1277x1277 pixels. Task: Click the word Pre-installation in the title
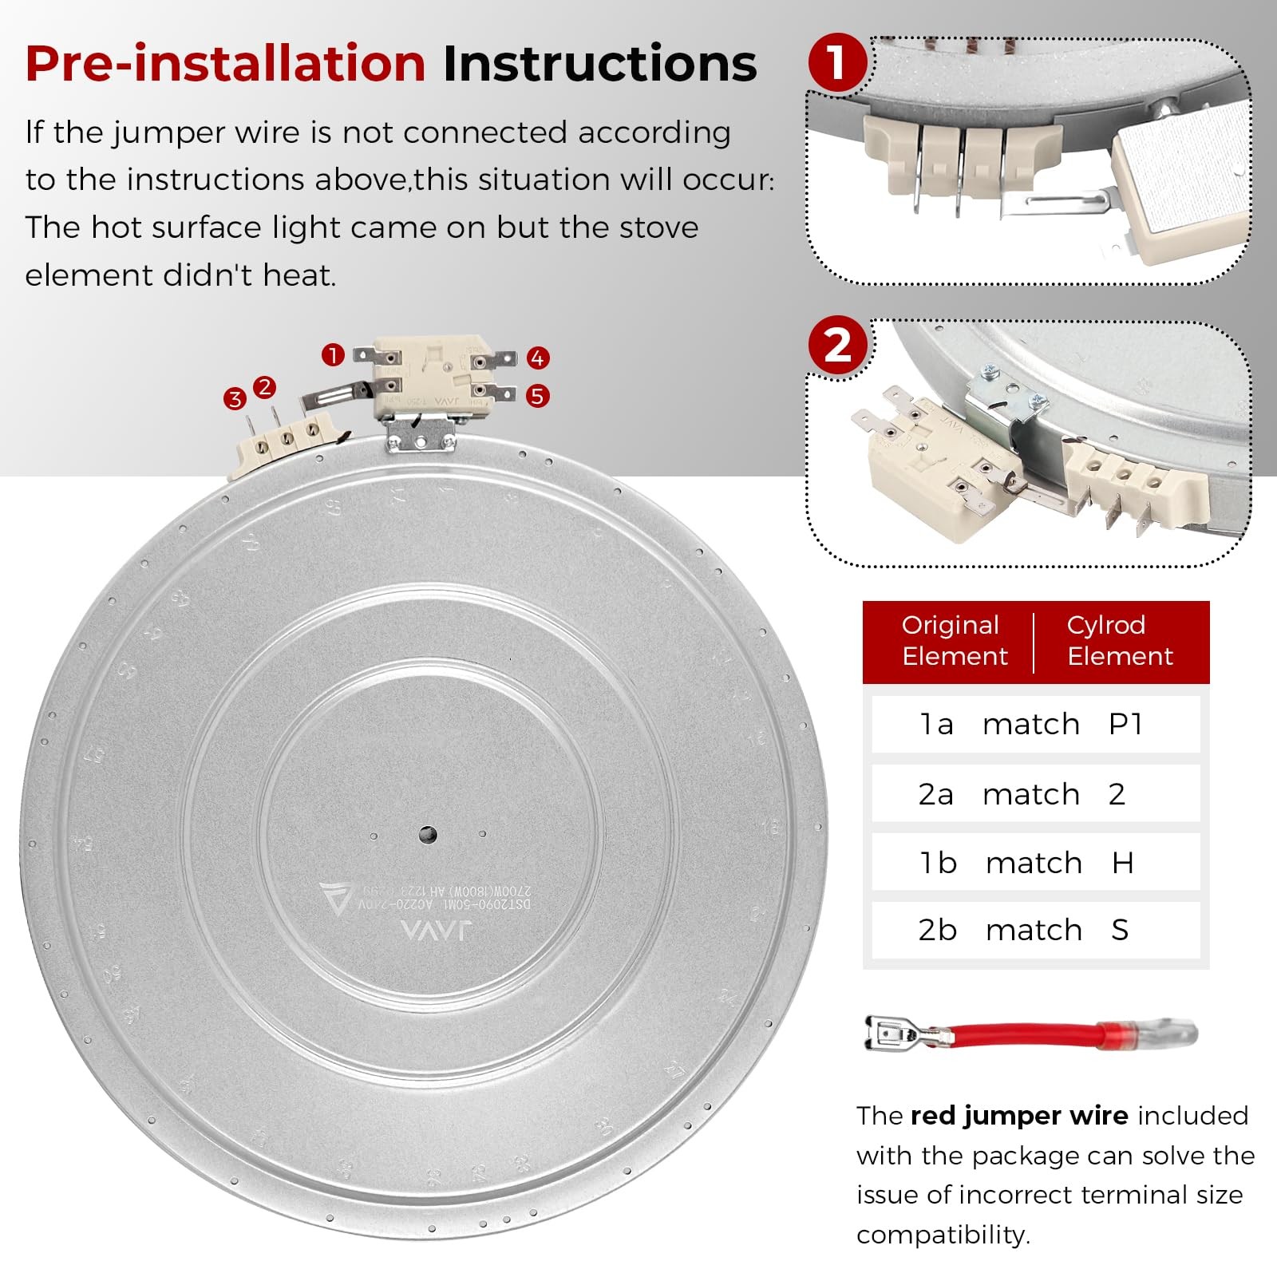pyautogui.click(x=225, y=64)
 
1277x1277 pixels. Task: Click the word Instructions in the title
pyautogui.click(x=599, y=64)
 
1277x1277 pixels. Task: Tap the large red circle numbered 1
pyautogui.click(x=837, y=62)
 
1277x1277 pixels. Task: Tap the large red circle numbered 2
pyautogui.click(x=837, y=346)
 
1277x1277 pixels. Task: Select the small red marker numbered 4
pyautogui.click(x=537, y=358)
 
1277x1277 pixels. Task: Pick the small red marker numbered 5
pyautogui.click(x=537, y=395)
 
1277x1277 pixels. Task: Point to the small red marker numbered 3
pyautogui.click(x=235, y=399)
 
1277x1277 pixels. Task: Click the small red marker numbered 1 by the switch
pyautogui.click(x=333, y=354)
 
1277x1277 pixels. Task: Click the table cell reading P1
pyautogui.click(x=1125, y=724)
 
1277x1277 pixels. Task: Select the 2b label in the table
pyautogui.click(x=937, y=930)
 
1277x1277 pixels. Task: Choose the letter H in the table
pyautogui.click(x=1122, y=863)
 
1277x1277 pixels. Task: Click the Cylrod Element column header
pyautogui.click(x=1119, y=640)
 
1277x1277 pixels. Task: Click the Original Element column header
pyautogui.click(x=954, y=640)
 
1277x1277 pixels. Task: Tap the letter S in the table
pyautogui.click(x=1120, y=930)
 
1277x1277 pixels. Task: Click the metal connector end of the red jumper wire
pyautogui.click(x=894, y=1034)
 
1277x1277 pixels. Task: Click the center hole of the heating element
pyautogui.click(x=427, y=836)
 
